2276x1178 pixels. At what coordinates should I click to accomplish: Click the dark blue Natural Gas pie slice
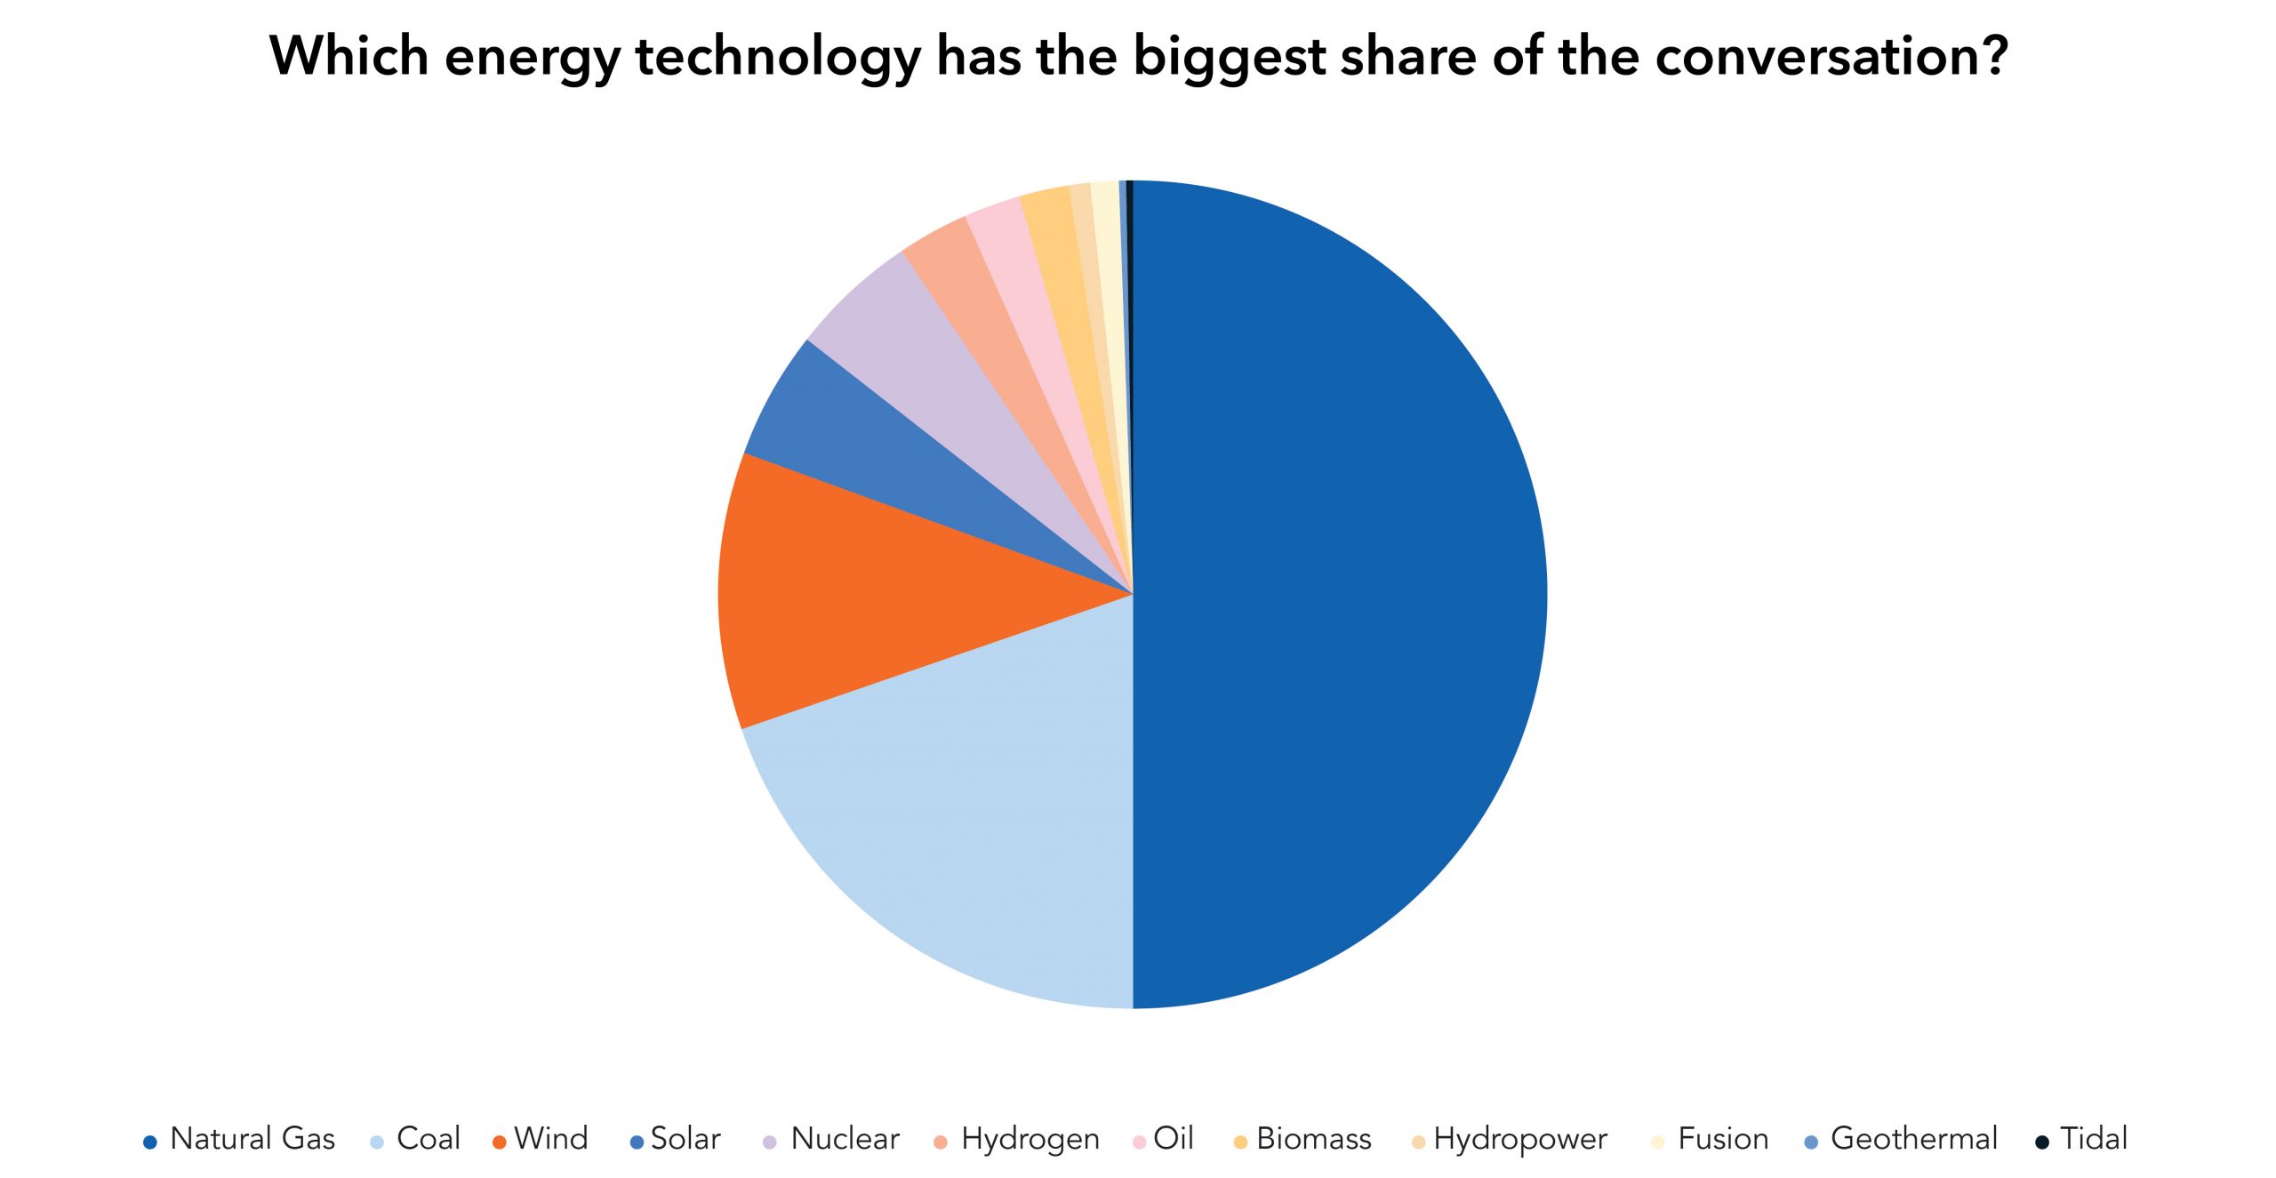1334,596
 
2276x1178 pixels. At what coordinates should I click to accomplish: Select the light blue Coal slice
960,827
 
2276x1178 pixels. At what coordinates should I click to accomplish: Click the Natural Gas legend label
252,1139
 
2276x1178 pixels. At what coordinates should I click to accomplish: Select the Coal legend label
428,1139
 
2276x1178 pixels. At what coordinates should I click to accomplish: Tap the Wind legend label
551,1139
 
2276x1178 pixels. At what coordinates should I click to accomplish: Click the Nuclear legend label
845,1139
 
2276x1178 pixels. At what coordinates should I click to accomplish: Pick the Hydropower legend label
1520,1139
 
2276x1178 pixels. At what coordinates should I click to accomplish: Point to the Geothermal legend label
1913,1139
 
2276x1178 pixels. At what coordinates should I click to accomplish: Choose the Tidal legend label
2094,1139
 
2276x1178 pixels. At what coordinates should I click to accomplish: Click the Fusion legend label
1723,1139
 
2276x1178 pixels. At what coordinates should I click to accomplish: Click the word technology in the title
778,58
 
